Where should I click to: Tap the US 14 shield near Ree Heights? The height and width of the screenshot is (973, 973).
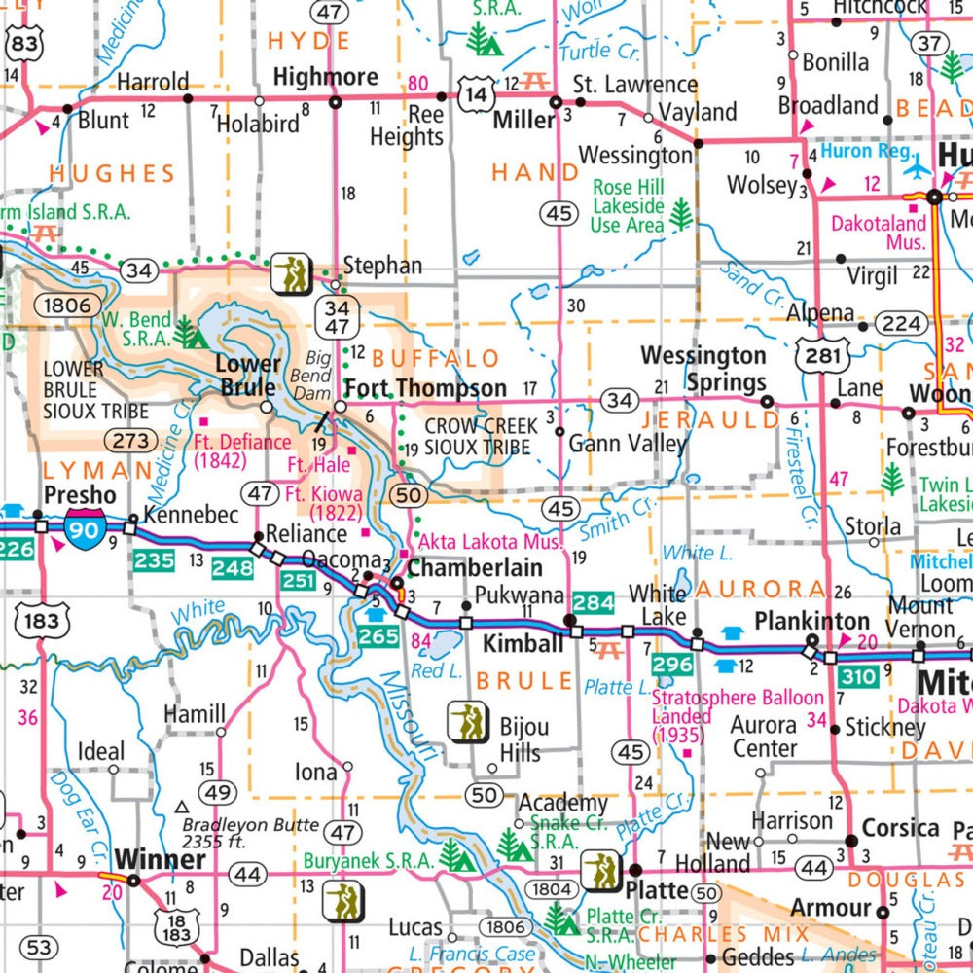478,94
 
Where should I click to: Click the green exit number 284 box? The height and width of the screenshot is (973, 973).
593,602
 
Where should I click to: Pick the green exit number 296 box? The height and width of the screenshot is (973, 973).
672,665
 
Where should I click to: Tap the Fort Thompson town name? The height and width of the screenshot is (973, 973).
426,388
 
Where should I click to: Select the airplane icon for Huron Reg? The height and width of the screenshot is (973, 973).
918,166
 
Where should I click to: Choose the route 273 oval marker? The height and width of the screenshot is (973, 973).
129,440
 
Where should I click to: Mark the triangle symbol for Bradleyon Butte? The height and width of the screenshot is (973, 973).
181,807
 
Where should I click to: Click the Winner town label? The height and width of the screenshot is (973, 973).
161,860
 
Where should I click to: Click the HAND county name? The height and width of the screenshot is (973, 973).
535,173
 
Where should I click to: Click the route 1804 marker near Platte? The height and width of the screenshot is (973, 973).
551,887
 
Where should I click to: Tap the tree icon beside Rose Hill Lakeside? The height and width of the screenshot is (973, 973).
681,212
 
